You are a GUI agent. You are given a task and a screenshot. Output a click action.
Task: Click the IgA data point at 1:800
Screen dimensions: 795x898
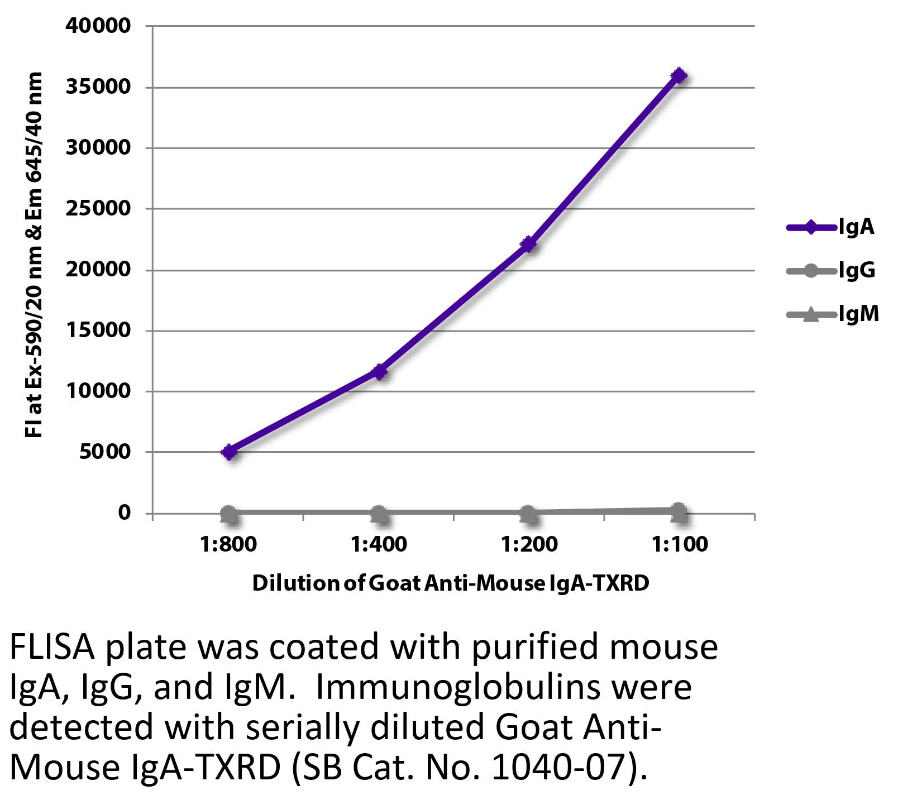(230, 452)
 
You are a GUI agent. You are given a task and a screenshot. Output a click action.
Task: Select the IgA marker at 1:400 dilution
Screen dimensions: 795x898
(380, 371)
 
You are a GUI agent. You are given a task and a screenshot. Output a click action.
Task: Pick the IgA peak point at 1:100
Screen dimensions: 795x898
(679, 75)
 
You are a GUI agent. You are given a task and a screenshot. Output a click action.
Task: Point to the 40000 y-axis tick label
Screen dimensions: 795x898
(98, 26)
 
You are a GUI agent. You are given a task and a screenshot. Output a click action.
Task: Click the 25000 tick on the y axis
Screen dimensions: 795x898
(98, 208)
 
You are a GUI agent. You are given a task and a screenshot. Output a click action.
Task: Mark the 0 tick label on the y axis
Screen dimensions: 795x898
(124, 513)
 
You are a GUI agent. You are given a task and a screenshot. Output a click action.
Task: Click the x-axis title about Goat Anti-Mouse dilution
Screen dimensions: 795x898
(451, 583)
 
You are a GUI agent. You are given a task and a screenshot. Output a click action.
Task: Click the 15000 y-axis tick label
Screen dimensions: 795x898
(98, 330)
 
